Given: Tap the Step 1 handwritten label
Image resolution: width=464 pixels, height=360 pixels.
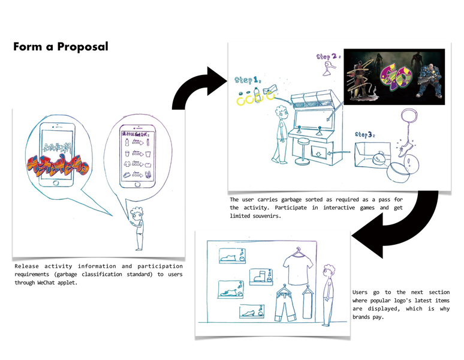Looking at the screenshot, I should tap(247, 80).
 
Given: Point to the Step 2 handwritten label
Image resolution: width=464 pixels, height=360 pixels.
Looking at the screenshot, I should tap(328, 57).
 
